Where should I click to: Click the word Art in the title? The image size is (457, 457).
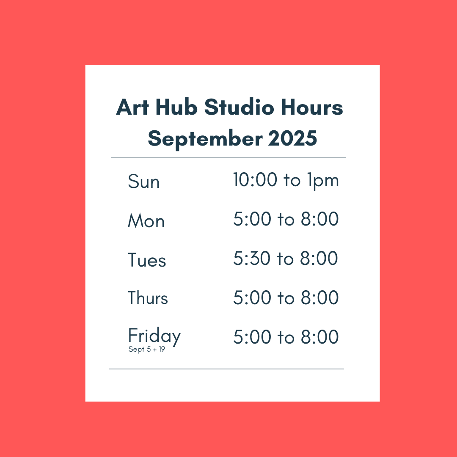click(132, 107)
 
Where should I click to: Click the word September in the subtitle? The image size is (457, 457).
click(205, 139)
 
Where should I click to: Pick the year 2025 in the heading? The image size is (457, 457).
click(292, 138)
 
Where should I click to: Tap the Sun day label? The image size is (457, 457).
click(144, 181)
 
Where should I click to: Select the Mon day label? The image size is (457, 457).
click(146, 220)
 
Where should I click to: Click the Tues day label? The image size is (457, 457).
click(147, 260)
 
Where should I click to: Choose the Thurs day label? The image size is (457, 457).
click(148, 297)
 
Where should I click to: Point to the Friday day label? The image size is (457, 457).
click(154, 336)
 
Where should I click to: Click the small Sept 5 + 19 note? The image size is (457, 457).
click(146, 350)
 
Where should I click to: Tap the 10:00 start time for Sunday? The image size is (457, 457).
click(255, 179)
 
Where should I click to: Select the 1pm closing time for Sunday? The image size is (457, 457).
click(323, 181)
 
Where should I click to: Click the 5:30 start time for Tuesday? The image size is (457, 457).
click(251, 258)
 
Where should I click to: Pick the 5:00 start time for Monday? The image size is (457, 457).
click(252, 219)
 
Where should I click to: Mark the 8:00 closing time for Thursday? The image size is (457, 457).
click(320, 297)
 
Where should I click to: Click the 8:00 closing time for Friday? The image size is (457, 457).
click(320, 337)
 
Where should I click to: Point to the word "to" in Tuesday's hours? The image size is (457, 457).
click(285, 259)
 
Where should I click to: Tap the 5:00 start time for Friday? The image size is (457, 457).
click(252, 337)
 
